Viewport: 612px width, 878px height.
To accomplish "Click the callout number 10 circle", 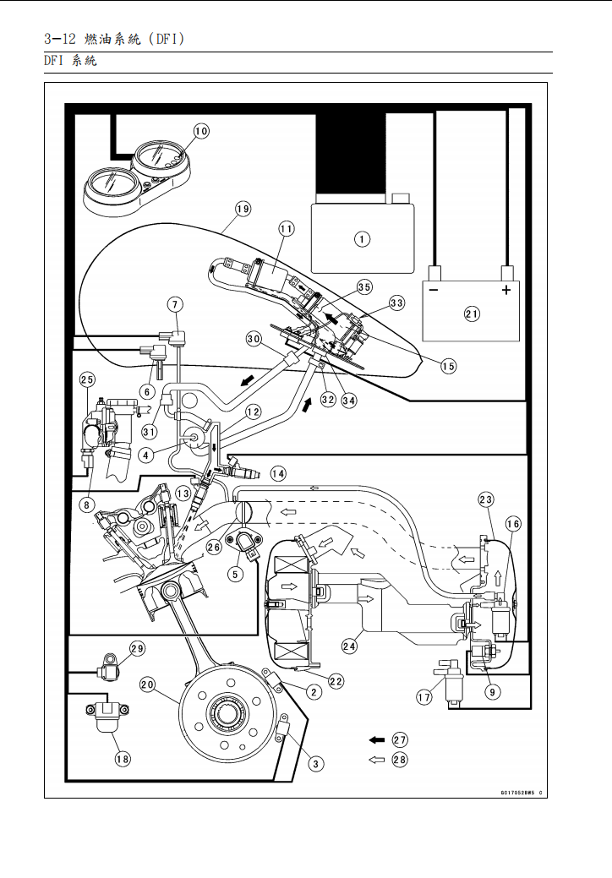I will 201,131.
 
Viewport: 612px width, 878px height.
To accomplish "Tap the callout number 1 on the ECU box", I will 362,239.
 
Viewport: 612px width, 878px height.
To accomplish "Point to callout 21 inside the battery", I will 472,314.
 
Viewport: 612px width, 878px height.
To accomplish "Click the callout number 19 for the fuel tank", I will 243,209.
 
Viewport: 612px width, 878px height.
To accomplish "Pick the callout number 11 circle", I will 286,229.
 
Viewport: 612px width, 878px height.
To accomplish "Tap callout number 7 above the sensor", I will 175,303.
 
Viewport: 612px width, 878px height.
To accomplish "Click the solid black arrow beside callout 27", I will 376,739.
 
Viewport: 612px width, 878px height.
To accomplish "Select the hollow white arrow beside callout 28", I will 376,760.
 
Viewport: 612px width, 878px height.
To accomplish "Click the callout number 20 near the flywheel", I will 147,685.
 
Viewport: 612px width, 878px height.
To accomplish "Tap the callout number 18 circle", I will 123,759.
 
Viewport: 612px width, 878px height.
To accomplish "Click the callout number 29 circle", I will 137,648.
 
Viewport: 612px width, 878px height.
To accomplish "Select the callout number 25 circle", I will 87,380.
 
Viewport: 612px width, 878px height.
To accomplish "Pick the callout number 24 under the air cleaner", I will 348,646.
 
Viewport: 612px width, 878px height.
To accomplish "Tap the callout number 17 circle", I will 424,697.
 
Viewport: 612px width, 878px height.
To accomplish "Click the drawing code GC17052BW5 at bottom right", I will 516,793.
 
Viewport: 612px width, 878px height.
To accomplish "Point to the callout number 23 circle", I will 486,499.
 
